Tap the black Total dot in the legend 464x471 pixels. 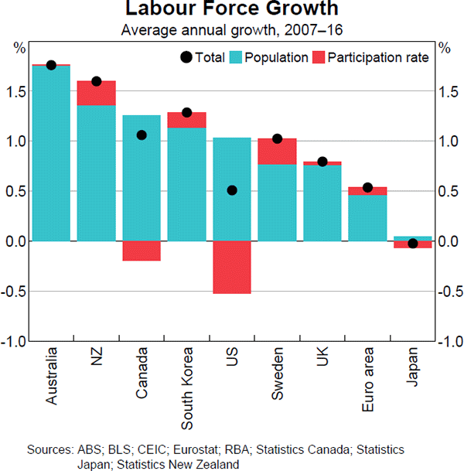tap(186, 57)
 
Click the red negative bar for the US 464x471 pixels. tap(232, 267)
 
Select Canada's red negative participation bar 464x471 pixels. tap(142, 251)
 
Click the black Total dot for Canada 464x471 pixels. tap(142, 135)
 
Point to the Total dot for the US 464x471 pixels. tap(232, 190)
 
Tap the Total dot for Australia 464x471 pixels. tap(51, 65)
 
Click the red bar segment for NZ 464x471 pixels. tap(97, 93)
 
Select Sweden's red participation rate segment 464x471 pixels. tap(277, 151)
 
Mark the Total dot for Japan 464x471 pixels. tap(412, 244)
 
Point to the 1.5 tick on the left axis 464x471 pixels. tap(17, 91)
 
